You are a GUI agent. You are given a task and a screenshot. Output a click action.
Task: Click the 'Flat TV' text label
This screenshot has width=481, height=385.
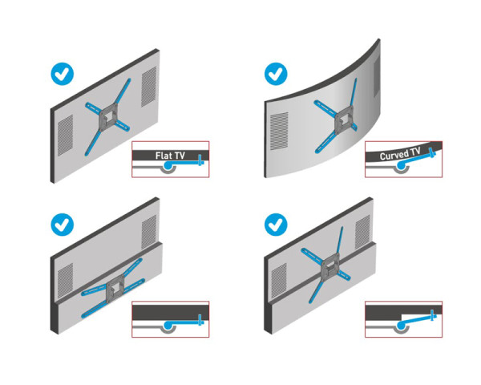170,155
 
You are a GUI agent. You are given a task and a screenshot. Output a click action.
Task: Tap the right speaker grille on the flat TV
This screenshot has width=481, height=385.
149,87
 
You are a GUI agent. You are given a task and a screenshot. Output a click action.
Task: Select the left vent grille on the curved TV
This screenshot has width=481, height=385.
278,128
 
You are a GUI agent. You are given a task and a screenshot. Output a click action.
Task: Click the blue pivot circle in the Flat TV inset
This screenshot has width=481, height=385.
169,166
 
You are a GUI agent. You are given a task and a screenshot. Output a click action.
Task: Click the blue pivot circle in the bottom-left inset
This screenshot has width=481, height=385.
169,325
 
